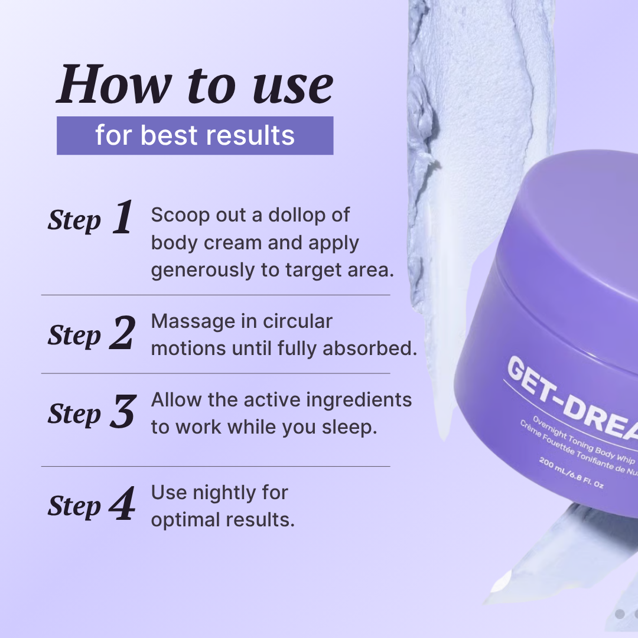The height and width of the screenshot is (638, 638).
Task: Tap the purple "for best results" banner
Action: (195, 135)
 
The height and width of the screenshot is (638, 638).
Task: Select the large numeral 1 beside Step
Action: (122, 217)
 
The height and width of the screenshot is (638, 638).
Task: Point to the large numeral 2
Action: (122, 333)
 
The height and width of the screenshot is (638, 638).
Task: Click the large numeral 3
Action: (123, 411)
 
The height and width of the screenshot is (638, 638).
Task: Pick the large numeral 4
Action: (122, 504)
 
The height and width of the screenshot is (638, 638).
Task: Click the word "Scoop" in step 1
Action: (180, 216)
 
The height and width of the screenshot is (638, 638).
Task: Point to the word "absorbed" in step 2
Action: (369, 349)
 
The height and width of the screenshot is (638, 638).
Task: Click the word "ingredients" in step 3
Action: (359, 401)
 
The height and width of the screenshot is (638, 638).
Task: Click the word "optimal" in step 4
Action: (185, 520)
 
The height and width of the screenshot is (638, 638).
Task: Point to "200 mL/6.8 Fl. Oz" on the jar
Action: (571, 472)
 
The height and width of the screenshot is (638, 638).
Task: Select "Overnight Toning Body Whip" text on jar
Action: (584, 441)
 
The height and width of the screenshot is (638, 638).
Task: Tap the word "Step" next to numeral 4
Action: (74, 507)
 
